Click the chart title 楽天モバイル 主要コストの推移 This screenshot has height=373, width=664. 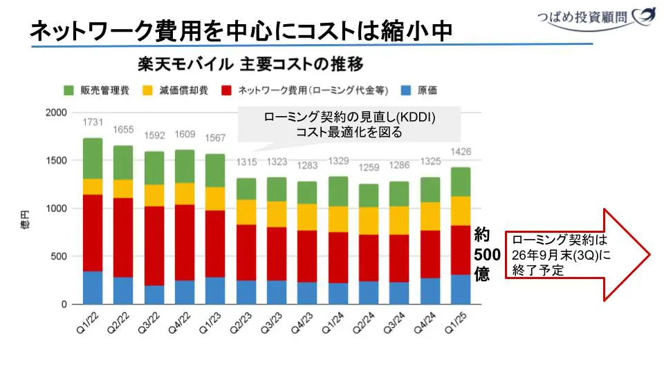250,65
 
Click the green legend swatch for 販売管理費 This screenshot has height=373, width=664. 68,90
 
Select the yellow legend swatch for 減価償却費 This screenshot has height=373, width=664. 147,90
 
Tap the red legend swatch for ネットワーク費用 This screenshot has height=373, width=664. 226,90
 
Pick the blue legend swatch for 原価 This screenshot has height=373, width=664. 407,90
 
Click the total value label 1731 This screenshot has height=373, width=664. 93,122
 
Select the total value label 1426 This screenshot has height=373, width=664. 460,152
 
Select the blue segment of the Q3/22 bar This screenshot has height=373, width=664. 154,295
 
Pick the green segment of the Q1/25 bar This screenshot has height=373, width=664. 460,182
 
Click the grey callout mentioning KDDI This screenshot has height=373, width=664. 349,124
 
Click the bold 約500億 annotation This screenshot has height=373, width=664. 482,255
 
